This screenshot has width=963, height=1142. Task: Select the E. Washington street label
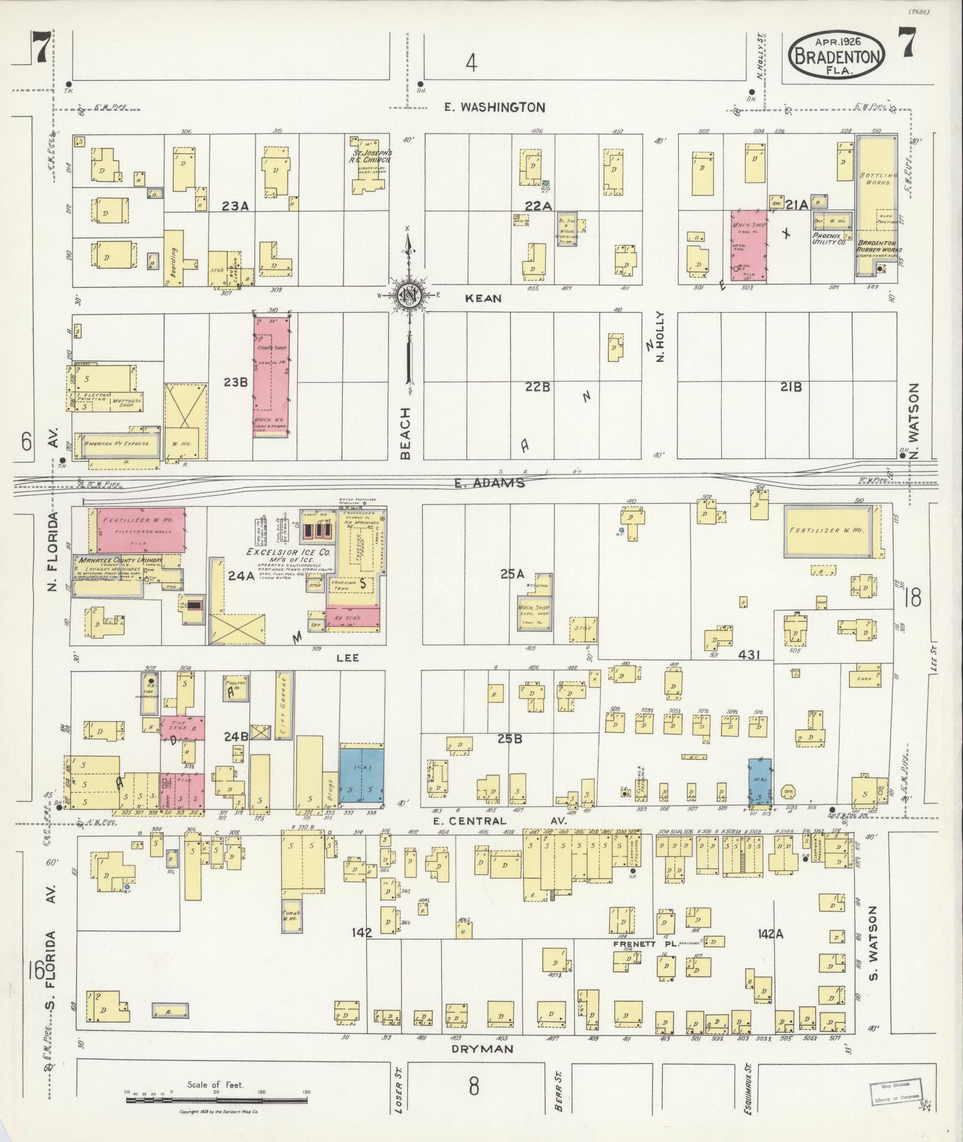tap(495, 107)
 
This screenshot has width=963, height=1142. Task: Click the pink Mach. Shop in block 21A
tap(749, 245)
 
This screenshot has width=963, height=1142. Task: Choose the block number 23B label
tap(235, 382)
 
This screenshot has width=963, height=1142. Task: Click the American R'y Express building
tap(122, 444)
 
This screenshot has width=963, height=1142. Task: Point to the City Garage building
tap(284, 705)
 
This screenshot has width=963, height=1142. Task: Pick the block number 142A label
tap(770, 932)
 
